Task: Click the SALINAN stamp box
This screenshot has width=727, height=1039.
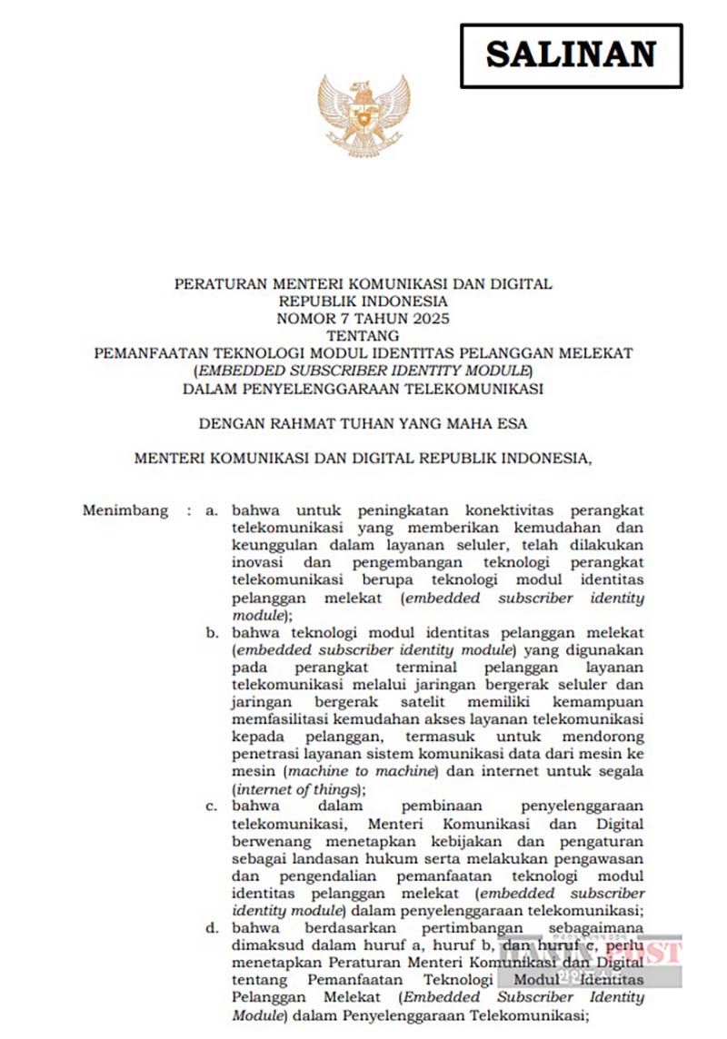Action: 571,55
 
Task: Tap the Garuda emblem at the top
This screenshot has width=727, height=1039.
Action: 363,115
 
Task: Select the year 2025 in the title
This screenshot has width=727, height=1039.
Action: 429,318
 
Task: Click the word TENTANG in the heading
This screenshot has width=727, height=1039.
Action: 363,335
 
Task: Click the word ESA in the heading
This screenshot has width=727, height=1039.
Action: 512,422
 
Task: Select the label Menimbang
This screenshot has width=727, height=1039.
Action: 125,510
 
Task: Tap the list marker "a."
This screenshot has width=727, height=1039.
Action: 212,510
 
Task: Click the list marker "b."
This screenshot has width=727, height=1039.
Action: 212,632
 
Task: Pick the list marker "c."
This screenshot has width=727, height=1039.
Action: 212,806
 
